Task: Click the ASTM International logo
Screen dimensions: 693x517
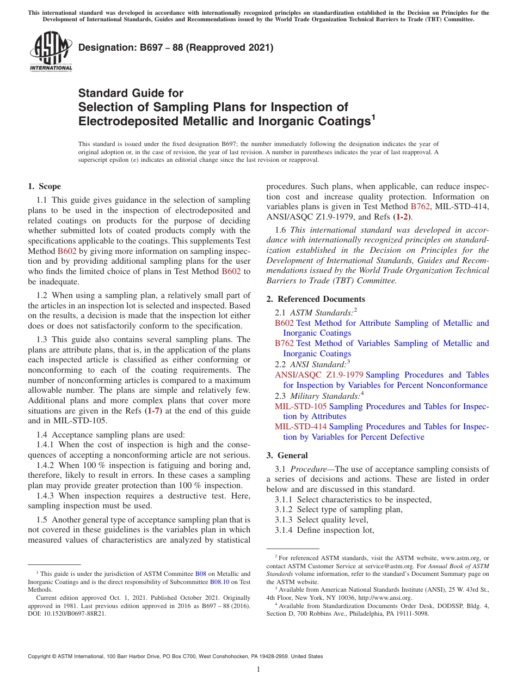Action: tap(51, 52)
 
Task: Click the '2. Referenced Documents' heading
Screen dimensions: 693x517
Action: tap(316, 299)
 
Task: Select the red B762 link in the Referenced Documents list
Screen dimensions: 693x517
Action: tap(284, 343)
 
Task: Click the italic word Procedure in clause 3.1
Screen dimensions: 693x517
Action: tap(307, 469)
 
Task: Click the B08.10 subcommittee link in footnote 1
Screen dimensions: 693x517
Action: tap(219, 581)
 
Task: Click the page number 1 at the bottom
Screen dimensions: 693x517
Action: tap(258, 669)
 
